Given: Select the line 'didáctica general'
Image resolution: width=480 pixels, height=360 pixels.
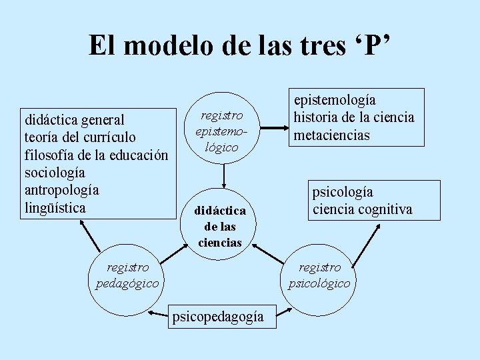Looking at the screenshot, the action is click(75, 120).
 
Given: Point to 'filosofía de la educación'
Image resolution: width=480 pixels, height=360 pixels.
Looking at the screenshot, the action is click(96, 155).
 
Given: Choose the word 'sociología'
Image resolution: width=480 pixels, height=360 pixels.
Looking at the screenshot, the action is click(55, 173).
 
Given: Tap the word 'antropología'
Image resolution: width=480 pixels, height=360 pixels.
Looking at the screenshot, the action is click(61, 190).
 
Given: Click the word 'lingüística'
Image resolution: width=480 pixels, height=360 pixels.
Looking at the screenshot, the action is click(55, 207).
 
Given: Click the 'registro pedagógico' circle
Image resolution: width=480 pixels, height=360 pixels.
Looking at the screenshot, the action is click(127, 276).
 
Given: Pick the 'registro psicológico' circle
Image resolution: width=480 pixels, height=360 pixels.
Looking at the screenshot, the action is click(319, 276).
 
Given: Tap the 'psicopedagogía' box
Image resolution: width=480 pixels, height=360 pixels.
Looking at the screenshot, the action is click(217, 317).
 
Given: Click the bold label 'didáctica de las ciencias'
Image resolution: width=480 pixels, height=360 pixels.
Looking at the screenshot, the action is click(220, 227).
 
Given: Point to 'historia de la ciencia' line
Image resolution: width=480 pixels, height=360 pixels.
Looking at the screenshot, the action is click(355, 117).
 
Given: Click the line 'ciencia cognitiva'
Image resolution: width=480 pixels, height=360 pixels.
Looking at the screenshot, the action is click(363, 209).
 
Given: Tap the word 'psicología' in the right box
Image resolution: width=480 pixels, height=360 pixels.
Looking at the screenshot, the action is click(343, 193).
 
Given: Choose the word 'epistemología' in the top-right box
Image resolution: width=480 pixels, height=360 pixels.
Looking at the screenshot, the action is click(335, 100).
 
